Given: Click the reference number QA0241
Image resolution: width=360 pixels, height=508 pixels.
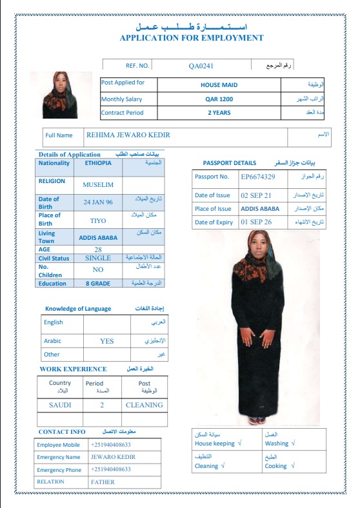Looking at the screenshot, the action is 201,66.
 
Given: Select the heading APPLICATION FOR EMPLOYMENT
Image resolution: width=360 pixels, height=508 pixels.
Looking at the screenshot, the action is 192,38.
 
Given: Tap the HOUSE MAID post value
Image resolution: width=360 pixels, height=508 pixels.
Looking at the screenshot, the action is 219,85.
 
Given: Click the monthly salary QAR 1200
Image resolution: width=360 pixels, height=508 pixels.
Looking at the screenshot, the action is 219,99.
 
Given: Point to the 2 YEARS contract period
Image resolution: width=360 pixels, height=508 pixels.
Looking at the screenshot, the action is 219,113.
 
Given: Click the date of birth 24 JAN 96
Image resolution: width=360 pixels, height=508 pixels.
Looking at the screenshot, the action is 97,202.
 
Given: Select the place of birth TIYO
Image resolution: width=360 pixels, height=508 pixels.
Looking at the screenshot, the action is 98,220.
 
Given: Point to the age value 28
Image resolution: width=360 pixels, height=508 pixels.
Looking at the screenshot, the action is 98,249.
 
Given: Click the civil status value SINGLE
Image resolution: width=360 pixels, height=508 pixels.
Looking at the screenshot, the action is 98,258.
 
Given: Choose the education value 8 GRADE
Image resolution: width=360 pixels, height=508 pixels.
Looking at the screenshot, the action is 98,284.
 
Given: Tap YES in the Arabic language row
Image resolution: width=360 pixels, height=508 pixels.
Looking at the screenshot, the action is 106,341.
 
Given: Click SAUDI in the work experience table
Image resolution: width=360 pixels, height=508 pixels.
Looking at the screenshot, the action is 60,405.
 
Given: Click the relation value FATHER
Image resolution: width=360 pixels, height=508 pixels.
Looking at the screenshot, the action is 103,482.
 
